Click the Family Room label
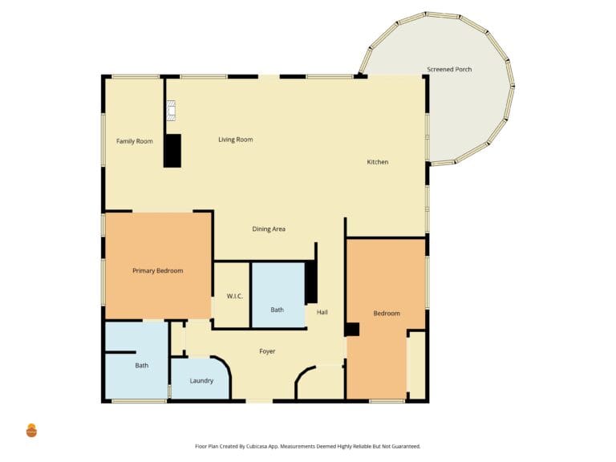pyautogui.click(x=135, y=141)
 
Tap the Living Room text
pyautogui.click(x=235, y=140)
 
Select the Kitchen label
pyautogui.click(x=378, y=162)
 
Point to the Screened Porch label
pyautogui.click(x=449, y=69)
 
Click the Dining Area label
pyautogui.click(x=269, y=229)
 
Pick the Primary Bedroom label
pyautogui.click(x=157, y=270)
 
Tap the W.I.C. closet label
pyautogui.click(x=234, y=296)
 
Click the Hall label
pyautogui.click(x=322, y=312)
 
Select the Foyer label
pyautogui.click(x=267, y=351)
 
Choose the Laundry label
pyautogui.click(x=201, y=381)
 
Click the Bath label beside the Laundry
pyautogui.click(x=142, y=366)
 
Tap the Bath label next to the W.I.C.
pyautogui.click(x=277, y=310)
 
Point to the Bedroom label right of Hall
pyautogui.click(x=387, y=313)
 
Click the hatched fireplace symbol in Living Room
pyautogui.click(x=171, y=111)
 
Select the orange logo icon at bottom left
pyautogui.click(x=31, y=431)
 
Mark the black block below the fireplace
pyautogui.click(x=172, y=151)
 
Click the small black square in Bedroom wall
pyautogui.click(x=352, y=329)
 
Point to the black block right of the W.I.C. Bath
pyautogui.click(x=311, y=282)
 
